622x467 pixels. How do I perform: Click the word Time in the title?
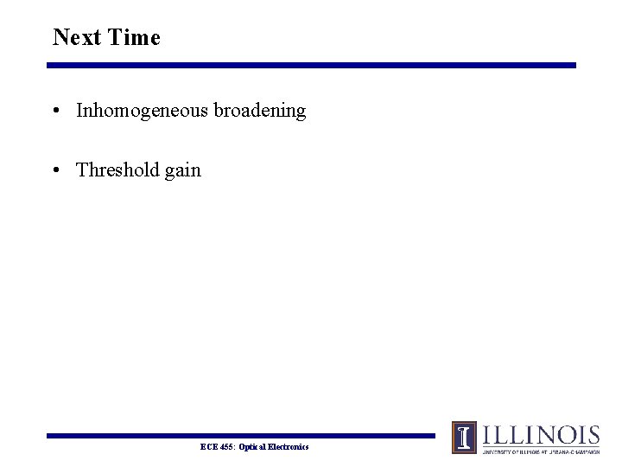click(x=134, y=37)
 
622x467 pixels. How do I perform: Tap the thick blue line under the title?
click(x=311, y=65)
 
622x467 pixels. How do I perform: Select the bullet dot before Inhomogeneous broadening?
click(x=55, y=112)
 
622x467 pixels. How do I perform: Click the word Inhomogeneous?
click(x=138, y=111)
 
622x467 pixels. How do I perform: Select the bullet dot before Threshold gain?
click(x=55, y=170)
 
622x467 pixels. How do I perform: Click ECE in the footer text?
click(x=208, y=446)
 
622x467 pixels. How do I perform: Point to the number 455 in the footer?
click(x=226, y=446)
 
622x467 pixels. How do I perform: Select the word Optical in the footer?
click(x=254, y=446)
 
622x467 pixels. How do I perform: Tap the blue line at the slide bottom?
click(x=242, y=436)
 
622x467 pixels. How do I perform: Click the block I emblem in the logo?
click(x=465, y=438)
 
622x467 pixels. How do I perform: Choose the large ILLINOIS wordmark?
click(x=540, y=434)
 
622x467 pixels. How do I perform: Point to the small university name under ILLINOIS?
click(x=540, y=451)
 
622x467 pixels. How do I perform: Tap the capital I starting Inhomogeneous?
click(x=79, y=111)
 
